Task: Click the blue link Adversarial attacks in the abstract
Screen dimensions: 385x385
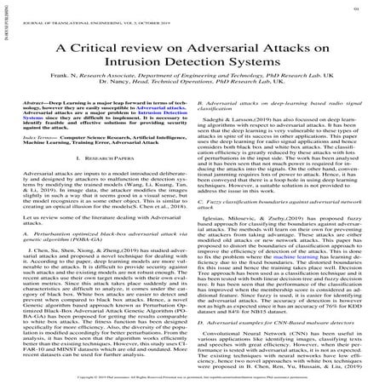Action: point(166,134)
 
